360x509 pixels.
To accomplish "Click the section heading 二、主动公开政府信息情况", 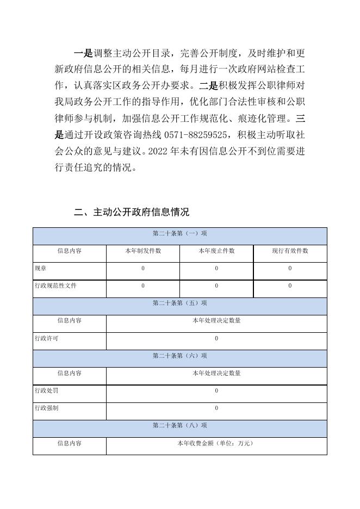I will click(x=131, y=212).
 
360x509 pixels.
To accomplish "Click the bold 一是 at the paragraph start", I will click(x=83, y=53).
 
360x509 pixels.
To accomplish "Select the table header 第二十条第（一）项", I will click(x=180, y=234).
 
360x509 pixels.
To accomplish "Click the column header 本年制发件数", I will click(x=143, y=251).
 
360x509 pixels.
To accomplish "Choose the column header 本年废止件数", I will click(x=216, y=251).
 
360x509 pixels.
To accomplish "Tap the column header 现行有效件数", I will click(x=290, y=251).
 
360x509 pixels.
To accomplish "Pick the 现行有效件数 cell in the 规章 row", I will click(x=290, y=269).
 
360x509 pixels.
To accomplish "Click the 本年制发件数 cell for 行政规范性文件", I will click(x=143, y=286).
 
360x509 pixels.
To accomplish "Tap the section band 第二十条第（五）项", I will click(x=180, y=303).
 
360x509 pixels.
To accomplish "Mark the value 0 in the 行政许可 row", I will click(x=216, y=338).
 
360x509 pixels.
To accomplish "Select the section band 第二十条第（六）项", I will click(x=180, y=356).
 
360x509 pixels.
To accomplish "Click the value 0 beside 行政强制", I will click(x=216, y=408).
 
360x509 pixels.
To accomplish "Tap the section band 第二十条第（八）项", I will click(x=180, y=426).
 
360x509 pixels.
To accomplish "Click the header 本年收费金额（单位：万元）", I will click(x=216, y=443).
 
